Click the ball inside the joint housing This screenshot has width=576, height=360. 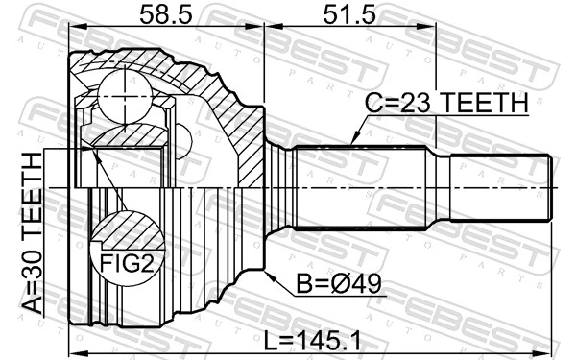pos(125,92)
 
